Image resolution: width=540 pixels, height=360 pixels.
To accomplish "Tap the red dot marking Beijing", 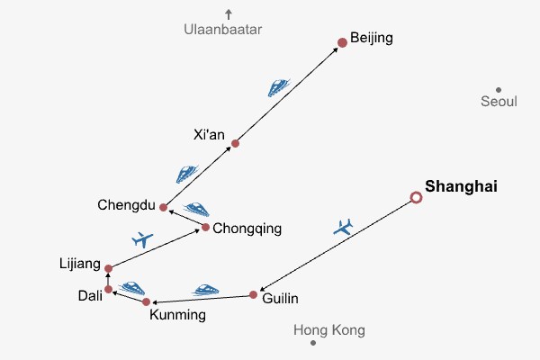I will [x=342, y=42].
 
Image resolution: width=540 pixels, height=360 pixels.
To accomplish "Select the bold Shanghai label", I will [x=461, y=187].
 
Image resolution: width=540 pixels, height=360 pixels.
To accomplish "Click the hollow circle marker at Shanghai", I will [x=416, y=197].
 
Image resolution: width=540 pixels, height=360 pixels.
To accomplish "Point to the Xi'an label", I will [x=209, y=135].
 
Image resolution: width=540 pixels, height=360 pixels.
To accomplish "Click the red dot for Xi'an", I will [x=235, y=143].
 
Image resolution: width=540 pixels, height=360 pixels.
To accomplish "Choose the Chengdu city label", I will [x=127, y=205].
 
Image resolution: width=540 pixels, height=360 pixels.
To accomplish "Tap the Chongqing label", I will [x=247, y=229].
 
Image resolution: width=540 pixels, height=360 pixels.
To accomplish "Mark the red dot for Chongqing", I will [x=205, y=227].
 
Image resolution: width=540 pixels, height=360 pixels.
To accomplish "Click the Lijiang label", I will [x=78, y=263].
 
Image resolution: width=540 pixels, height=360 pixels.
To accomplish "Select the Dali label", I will [x=89, y=295].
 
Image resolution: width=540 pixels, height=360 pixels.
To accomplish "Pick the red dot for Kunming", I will [x=146, y=301].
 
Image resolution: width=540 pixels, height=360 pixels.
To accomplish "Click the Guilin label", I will [x=280, y=299].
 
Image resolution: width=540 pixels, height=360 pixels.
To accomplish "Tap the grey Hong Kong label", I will [x=329, y=330].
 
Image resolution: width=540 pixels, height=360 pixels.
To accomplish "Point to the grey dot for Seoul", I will [x=498, y=90].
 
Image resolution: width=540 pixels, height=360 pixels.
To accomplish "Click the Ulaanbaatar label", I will [x=222, y=30].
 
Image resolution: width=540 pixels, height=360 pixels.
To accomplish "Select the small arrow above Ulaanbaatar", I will [x=229, y=13].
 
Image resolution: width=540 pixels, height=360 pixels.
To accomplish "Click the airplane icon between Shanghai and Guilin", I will [x=343, y=227].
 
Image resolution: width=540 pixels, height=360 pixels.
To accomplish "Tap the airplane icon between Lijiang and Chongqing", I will [x=142, y=239].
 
